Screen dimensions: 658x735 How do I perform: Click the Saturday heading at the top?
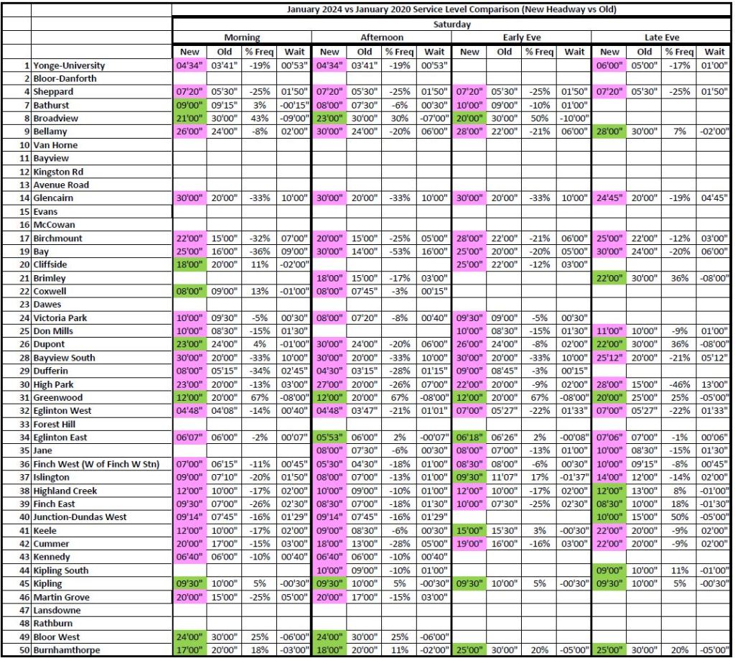coord(451,24)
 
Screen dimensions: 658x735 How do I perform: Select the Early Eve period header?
coord(520,37)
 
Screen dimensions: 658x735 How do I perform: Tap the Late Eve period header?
coord(661,37)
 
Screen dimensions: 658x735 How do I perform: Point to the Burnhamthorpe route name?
coord(66,650)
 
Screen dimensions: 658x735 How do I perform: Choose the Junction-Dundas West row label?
coord(80,517)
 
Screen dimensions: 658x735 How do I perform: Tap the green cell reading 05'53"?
coord(329,437)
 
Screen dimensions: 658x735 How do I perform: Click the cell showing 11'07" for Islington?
coord(505,477)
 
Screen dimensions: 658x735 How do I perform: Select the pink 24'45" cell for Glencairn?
coord(609,198)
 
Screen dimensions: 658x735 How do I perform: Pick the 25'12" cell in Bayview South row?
coord(609,358)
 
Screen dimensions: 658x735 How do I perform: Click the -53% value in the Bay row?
coord(399,251)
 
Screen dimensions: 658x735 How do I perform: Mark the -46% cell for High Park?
coord(679,384)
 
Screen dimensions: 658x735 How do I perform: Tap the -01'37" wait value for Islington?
coord(574,477)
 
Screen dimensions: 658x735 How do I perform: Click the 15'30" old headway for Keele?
coord(505,530)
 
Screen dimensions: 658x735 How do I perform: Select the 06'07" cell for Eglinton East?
coord(189,437)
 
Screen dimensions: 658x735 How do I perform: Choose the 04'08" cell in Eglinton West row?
coord(225,411)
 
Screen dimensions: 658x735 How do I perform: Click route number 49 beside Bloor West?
coord(26,637)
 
